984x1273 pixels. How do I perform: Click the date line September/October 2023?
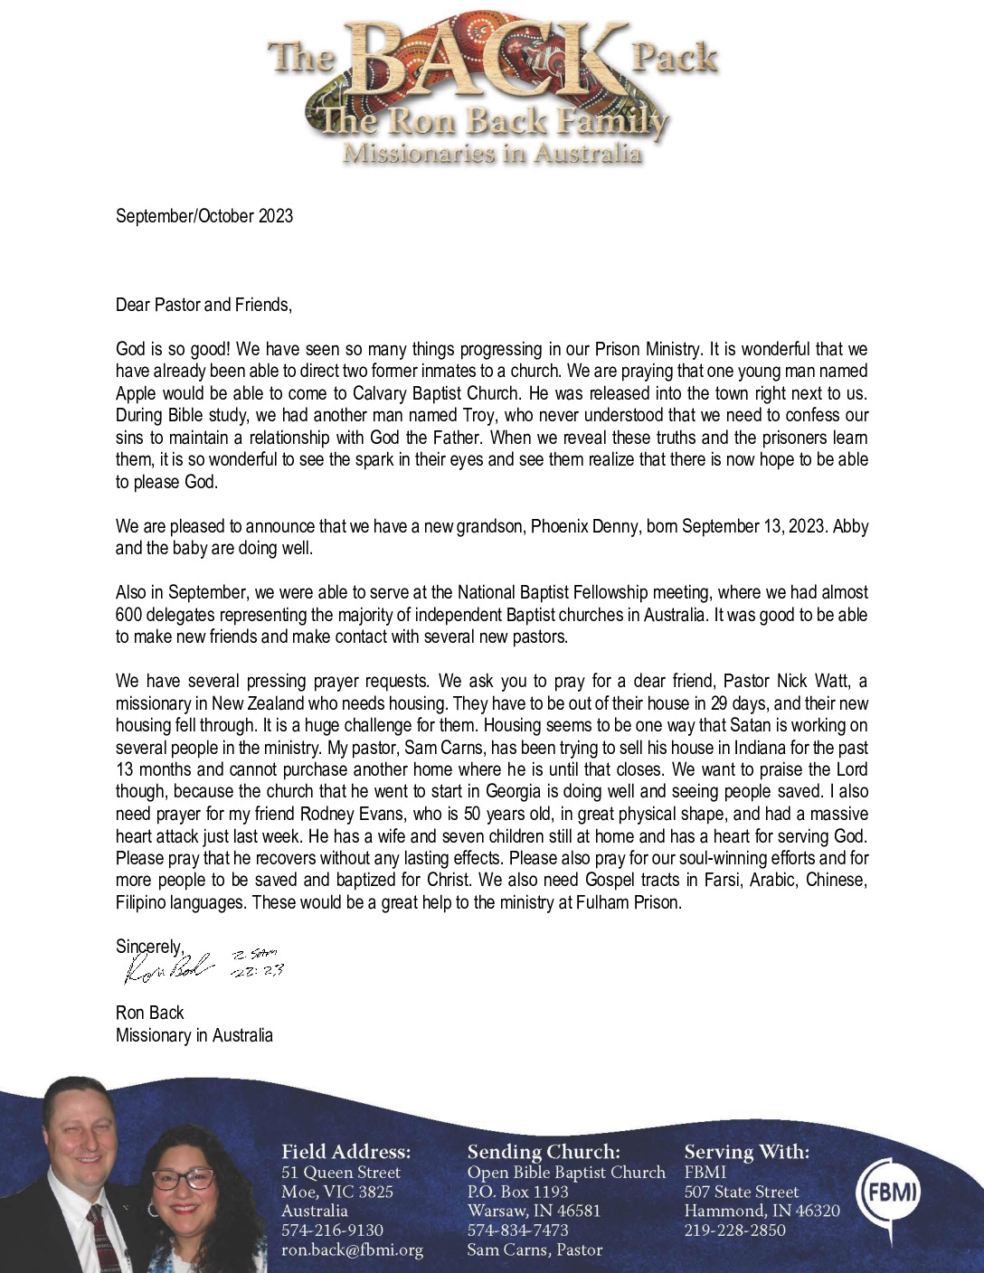click(204, 216)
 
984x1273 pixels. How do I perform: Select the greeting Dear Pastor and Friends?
click(203, 305)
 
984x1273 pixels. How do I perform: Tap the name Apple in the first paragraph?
click(136, 393)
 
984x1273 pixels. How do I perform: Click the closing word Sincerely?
click(149, 946)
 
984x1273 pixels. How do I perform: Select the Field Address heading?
click(345, 1152)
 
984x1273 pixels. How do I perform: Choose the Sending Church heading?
click(544, 1152)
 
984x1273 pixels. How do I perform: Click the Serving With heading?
click(747, 1152)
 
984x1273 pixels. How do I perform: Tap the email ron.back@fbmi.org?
click(352, 1250)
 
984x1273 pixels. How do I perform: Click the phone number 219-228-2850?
click(734, 1231)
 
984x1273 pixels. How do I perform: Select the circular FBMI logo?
click(889, 1193)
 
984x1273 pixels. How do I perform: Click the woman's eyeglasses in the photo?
click(182, 1179)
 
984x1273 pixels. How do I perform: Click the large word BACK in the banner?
click(488, 66)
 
